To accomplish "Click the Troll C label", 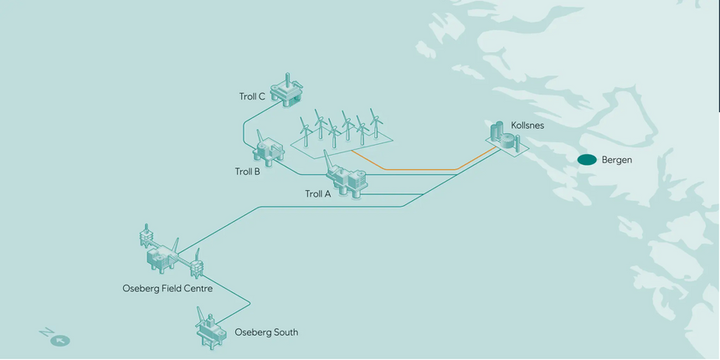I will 252,96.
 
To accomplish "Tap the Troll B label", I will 247,172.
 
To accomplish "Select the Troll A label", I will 318,194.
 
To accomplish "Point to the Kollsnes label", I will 528,125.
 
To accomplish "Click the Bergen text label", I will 617,160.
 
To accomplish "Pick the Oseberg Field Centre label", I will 167,289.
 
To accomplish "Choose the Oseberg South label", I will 266,332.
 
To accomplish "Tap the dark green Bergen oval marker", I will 587,160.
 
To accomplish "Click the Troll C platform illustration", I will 290,92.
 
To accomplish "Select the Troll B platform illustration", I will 270,152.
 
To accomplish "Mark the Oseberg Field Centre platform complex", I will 167,254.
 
